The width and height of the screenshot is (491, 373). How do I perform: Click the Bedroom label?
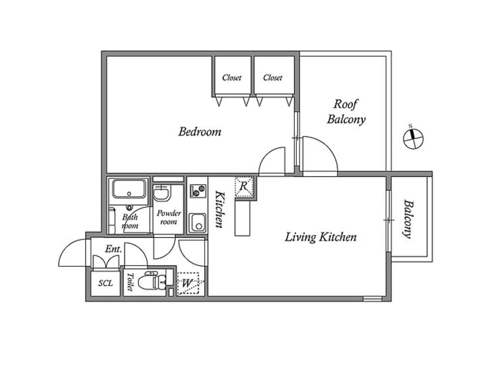pos(200,131)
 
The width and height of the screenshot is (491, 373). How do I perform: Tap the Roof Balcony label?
pos(346,112)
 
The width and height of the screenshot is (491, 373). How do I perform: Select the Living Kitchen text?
pos(321,237)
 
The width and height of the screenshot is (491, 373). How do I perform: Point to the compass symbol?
pos(413,138)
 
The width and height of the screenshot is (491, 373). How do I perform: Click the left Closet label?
pos(232,77)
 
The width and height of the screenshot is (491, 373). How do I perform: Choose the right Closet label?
pos(273,77)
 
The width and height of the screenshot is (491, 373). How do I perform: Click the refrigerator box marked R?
pos(244,186)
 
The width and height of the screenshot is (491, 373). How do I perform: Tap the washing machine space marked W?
pos(188,283)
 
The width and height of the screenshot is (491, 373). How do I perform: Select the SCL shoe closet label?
pos(105,283)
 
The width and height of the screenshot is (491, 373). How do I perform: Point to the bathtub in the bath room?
pos(130,189)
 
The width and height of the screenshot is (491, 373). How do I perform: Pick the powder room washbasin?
pos(161,193)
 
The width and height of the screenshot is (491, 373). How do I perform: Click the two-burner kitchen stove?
pos(198,190)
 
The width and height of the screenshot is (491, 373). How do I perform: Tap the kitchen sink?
pos(197,223)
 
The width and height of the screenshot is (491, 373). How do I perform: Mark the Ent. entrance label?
pos(113,249)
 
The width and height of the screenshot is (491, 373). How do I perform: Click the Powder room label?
pos(169,217)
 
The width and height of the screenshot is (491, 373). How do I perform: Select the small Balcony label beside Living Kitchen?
pos(408,219)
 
